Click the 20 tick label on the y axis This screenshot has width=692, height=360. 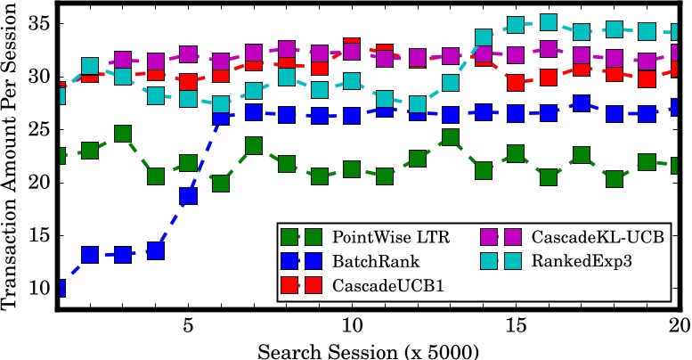[37, 183]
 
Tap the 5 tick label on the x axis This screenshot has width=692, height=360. [188, 324]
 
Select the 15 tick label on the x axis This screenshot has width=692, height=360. [516, 324]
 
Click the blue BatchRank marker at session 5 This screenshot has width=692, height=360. [188, 196]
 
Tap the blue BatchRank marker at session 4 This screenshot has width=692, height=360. [155, 250]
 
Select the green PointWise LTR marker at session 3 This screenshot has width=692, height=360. [122, 134]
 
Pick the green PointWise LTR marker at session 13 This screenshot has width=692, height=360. [450, 137]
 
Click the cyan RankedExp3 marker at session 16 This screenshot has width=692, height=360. [549, 22]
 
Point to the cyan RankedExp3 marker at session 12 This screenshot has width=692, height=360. [417, 104]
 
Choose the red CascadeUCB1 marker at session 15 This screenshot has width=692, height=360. [516, 82]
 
